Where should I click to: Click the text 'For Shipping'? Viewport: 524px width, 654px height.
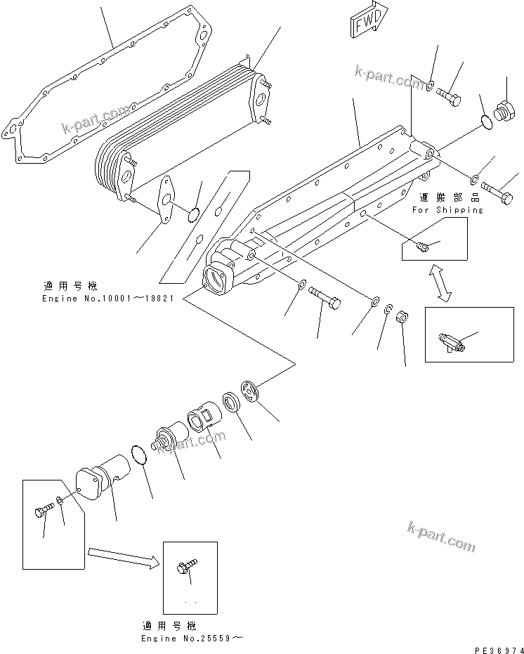pyautogui.click(x=447, y=209)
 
